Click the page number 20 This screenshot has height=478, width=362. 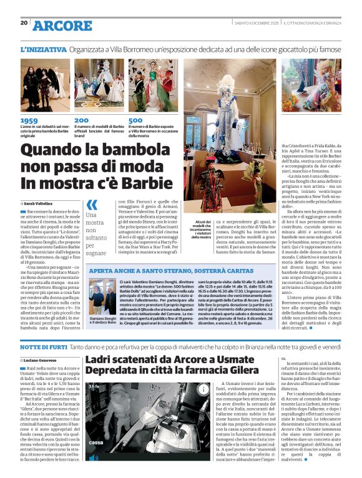pyautogui.click(x=24, y=23)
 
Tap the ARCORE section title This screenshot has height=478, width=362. pyautogui.click(x=62, y=26)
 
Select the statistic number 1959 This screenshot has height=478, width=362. pyautogui.click(x=29, y=120)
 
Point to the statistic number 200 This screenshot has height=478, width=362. pyautogui.click(x=81, y=120)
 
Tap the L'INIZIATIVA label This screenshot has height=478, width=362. pyautogui.click(x=43, y=48)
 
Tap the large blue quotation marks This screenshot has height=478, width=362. pyautogui.click(x=91, y=205)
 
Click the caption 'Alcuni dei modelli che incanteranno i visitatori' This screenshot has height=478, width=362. pyautogui.click(x=202, y=230)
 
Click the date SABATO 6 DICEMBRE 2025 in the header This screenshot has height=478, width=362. pyautogui.click(x=255, y=23)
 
